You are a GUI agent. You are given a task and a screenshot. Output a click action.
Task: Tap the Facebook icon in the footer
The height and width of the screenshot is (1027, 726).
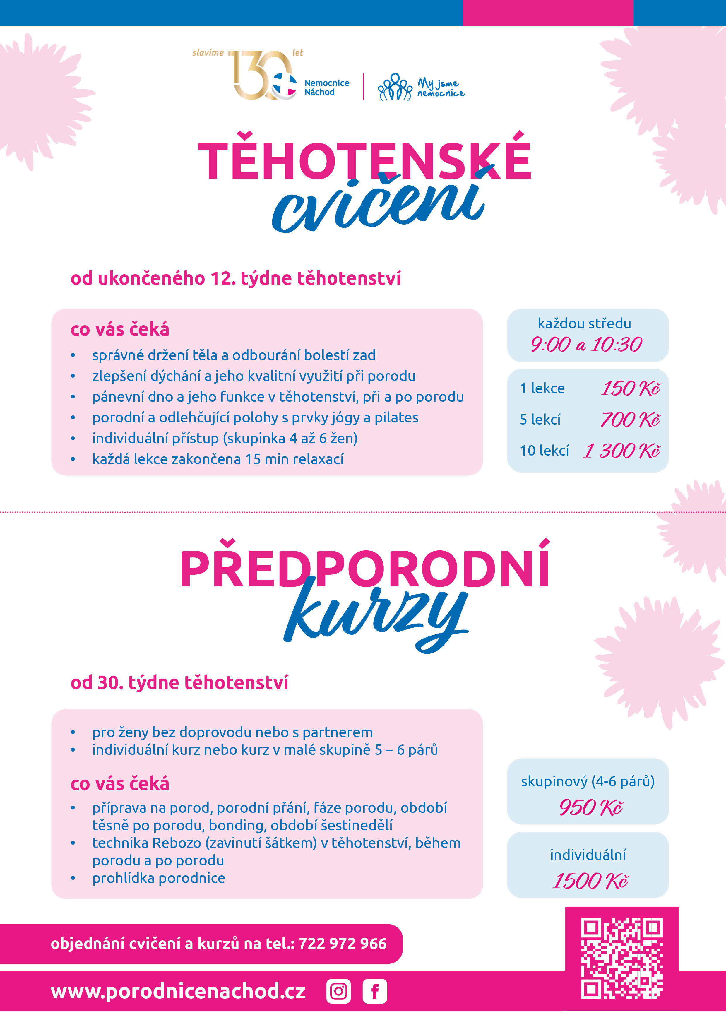click(375, 991)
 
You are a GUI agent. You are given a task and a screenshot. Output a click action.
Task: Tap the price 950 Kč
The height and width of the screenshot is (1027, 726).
click(590, 807)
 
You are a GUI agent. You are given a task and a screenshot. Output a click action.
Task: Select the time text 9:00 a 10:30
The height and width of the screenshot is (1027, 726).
click(586, 344)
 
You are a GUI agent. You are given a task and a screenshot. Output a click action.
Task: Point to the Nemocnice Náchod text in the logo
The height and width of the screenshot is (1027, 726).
click(326, 88)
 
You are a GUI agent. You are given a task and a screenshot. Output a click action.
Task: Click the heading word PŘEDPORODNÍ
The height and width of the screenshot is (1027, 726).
click(364, 569)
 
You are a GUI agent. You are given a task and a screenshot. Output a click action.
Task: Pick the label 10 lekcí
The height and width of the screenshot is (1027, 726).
click(544, 451)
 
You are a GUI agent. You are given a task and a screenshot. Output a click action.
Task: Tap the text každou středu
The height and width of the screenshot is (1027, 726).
click(584, 323)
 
